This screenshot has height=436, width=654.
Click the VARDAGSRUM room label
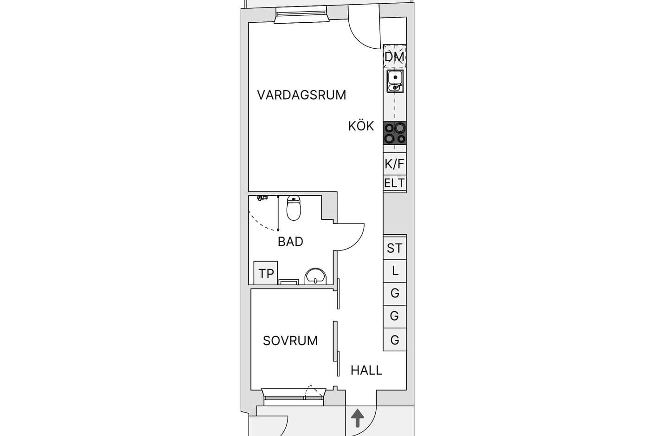[301, 95]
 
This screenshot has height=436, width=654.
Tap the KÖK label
[361, 126]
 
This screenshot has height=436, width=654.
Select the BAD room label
[290, 242]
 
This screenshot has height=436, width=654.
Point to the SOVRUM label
[290, 341]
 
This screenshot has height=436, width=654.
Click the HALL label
[366, 371]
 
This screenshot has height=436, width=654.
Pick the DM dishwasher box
[394, 57]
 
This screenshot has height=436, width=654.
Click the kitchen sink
[395, 81]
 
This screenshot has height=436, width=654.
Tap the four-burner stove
[395, 133]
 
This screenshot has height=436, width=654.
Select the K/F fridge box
[395, 164]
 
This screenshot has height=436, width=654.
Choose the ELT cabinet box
[395, 183]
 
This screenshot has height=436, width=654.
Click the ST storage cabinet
[395, 248]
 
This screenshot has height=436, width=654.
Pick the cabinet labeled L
[395, 271]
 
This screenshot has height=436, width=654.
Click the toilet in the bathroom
[294, 208]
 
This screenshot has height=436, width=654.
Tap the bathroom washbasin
[315, 276]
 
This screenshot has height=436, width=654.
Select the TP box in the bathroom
[266, 273]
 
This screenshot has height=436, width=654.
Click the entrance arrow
[357, 418]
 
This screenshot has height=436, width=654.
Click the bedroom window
[294, 397]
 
